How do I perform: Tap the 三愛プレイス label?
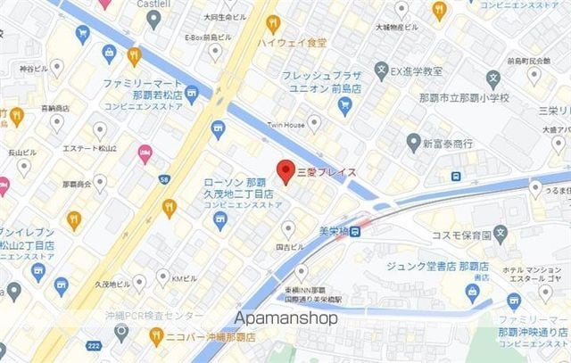(327, 171)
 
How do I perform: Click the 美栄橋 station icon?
(356, 231)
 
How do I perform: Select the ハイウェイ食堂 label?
(292, 41)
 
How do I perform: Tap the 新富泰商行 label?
(448, 143)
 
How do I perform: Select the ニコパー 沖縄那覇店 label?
(211, 338)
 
